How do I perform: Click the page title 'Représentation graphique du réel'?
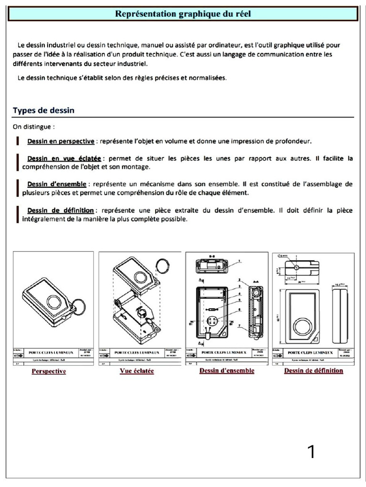pos(183,14)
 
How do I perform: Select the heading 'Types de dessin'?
pos(43,110)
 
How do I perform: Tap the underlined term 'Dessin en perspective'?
pos(61,141)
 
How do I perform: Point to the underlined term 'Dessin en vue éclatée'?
pos(64,158)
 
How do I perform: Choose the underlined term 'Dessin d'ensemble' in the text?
pos(57,184)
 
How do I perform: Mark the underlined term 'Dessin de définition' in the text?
pos(60,210)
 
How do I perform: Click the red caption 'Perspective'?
pos(49,371)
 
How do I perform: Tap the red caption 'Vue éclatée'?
pos(137,371)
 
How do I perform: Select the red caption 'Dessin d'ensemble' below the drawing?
pos(226,370)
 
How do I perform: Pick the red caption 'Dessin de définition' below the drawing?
pos(313,370)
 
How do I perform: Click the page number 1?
pos(311,452)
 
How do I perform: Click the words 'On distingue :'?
pos(33,127)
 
